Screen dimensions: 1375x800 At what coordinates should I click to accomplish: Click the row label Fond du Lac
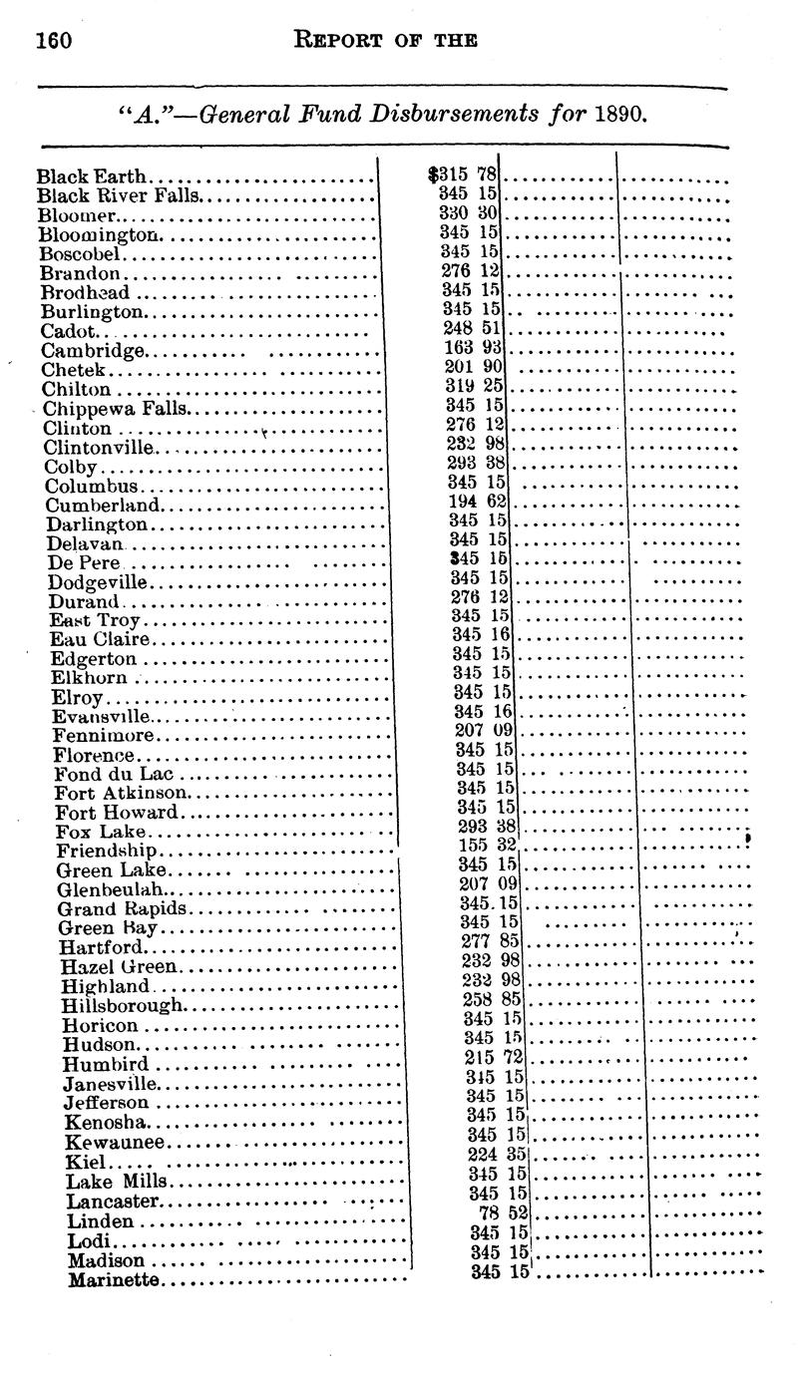(114, 774)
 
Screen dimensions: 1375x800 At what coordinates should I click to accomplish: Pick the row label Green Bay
(108, 927)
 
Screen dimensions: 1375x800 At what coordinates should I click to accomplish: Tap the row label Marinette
(113, 1279)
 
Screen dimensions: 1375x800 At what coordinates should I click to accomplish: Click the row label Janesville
(110, 1084)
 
